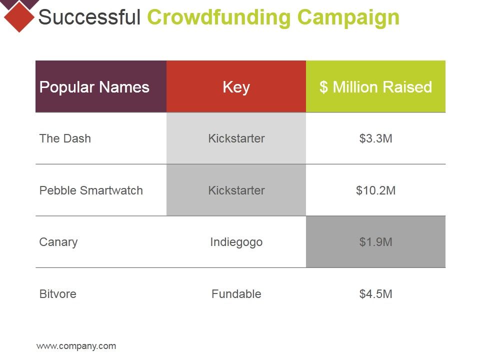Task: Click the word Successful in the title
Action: pyautogui.click(x=89, y=17)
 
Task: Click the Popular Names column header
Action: pyautogui.click(x=94, y=87)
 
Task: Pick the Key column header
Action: pyautogui.click(x=236, y=87)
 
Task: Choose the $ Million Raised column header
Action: pyautogui.click(x=375, y=87)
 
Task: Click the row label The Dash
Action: pyautogui.click(x=65, y=138)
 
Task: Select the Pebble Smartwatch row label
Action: pyautogui.click(x=91, y=190)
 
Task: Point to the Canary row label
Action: pyautogui.click(x=58, y=242)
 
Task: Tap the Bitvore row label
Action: pyautogui.click(x=58, y=294)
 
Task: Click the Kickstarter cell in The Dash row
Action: pyautogui.click(x=236, y=138)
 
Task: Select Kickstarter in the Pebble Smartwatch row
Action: pyautogui.click(x=236, y=190)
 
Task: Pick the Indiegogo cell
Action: pyautogui.click(x=236, y=242)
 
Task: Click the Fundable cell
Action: pyautogui.click(x=236, y=294)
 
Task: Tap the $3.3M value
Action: pyautogui.click(x=375, y=138)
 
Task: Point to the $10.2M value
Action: pyautogui.click(x=375, y=190)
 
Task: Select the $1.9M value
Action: pyautogui.click(x=375, y=242)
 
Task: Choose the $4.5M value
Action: pyautogui.click(x=375, y=294)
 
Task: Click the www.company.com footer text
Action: pyautogui.click(x=76, y=346)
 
